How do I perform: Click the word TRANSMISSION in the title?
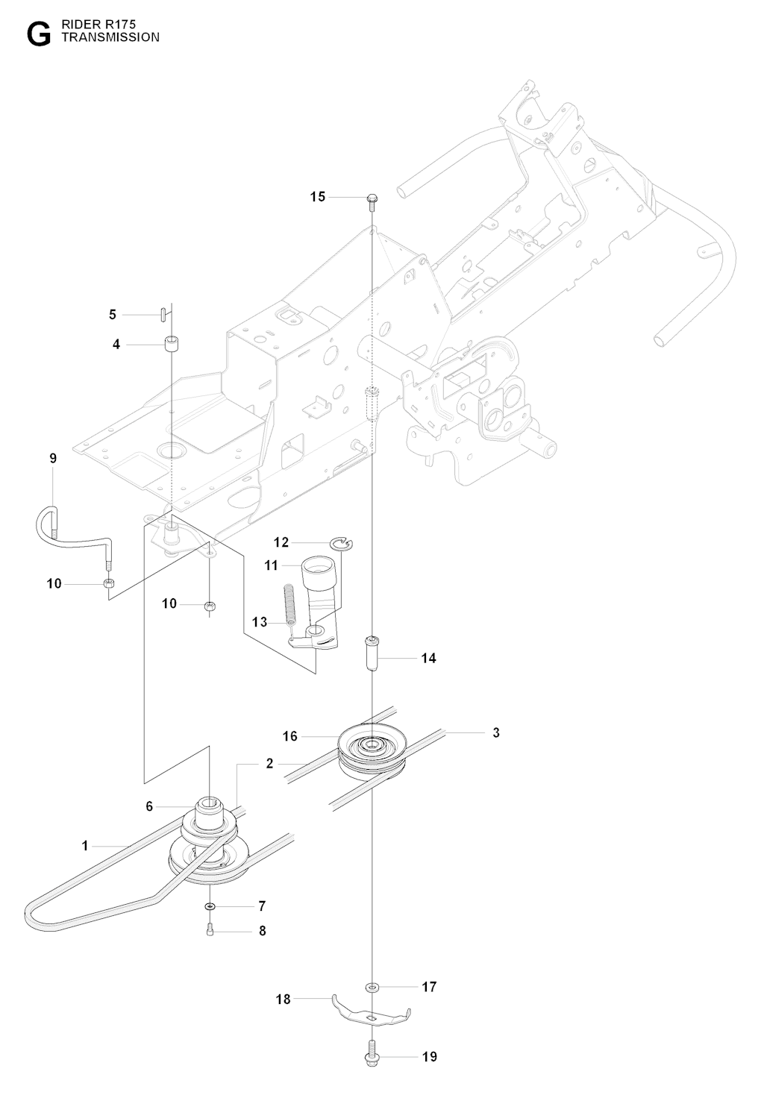click(110, 37)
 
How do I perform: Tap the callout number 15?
click(318, 197)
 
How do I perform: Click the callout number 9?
click(53, 458)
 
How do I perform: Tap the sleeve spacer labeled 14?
click(372, 653)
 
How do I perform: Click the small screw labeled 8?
click(210, 930)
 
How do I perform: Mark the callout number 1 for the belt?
click(85, 846)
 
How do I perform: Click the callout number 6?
click(149, 806)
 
